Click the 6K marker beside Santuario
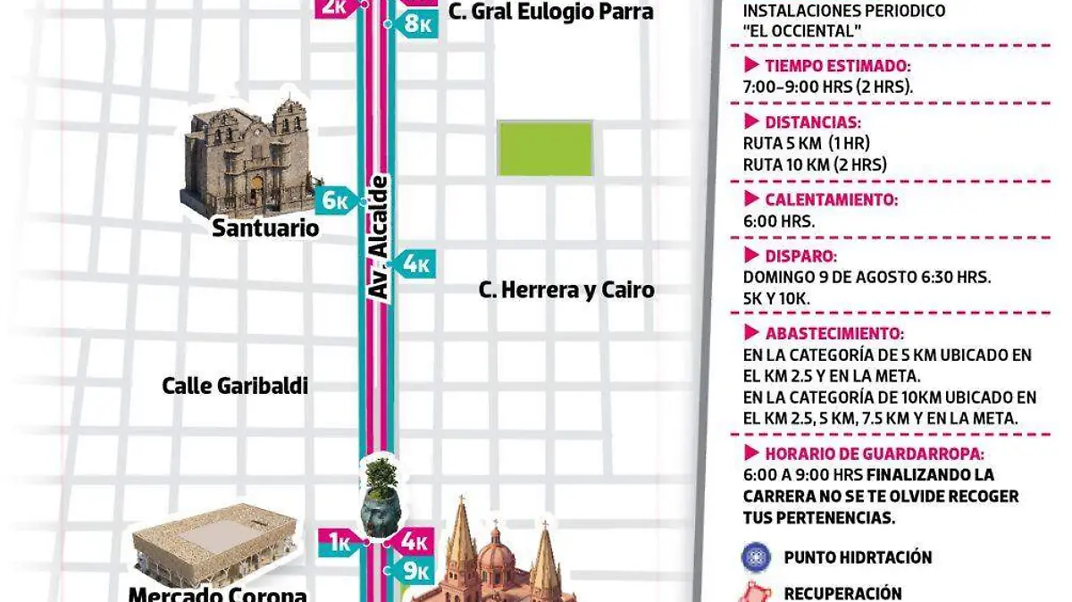click(x=337, y=201)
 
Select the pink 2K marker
click(x=335, y=7)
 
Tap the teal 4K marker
click(x=415, y=263)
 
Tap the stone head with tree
click(x=381, y=498)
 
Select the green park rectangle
click(x=545, y=148)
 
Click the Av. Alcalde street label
click(x=380, y=238)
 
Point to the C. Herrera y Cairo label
click(x=566, y=290)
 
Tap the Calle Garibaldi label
click(x=235, y=386)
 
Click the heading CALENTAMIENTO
click(x=831, y=200)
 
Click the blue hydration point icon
click(x=756, y=557)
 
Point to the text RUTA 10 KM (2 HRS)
click(x=815, y=164)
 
